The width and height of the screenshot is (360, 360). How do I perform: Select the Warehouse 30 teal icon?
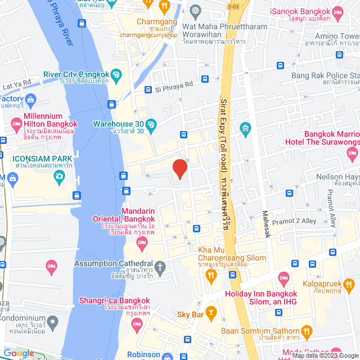pyautogui.click(x=150, y=124)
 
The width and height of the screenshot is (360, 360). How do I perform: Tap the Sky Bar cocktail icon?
pyautogui.click(x=211, y=311)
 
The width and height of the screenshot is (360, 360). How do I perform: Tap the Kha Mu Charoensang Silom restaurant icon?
pyautogui.click(x=211, y=274)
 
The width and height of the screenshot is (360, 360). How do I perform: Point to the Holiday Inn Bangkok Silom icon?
pyautogui.click(x=284, y=278)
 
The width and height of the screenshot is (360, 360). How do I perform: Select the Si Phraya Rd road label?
pyautogui.click(x=174, y=84)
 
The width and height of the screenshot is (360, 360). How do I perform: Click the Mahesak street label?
pyautogui.click(x=265, y=222)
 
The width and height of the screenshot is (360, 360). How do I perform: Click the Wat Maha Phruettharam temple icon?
pyautogui.click(x=195, y=10)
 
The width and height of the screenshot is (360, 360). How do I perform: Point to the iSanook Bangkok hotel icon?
pyautogui.click(x=338, y=12)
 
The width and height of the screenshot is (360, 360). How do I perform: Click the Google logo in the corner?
pyautogui.click(x=19, y=353)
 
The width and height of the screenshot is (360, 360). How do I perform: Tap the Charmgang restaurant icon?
pyautogui.click(x=164, y=6)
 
